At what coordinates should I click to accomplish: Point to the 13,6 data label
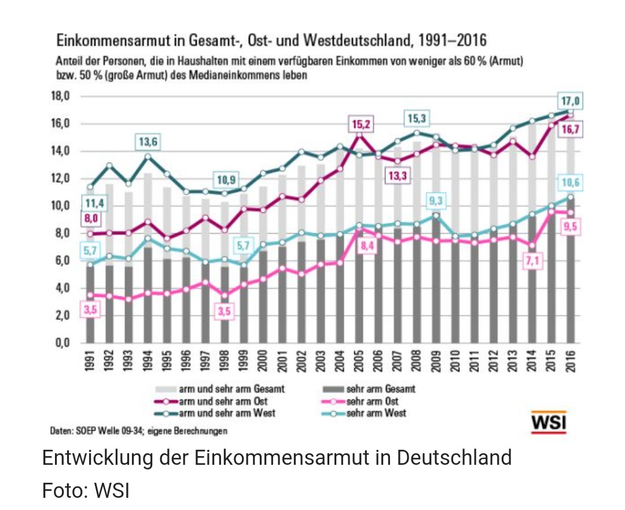(x=148, y=141)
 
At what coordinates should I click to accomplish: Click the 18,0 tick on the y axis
(x=60, y=97)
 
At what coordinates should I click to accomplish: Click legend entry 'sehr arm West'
(x=376, y=413)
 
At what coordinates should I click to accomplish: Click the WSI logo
(x=549, y=422)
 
